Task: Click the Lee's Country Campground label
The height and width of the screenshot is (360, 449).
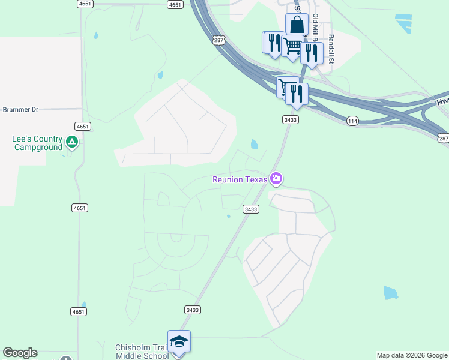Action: [x=37, y=143]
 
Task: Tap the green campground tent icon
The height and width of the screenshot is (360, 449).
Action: [x=72, y=142]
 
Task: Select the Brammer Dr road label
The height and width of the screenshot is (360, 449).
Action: [x=20, y=110]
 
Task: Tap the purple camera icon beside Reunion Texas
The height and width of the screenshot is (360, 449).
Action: [x=276, y=178]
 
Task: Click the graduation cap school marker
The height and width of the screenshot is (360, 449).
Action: [x=179, y=342]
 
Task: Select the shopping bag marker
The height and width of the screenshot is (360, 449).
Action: [x=297, y=25]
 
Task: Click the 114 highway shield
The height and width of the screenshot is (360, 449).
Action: [x=352, y=121]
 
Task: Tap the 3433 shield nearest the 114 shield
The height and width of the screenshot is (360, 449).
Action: [x=291, y=120]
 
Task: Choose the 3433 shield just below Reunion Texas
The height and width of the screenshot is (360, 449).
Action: [x=251, y=209]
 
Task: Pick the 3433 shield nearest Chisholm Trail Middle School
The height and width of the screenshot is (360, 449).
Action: [x=193, y=310]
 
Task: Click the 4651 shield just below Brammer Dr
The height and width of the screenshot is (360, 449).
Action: [x=83, y=126]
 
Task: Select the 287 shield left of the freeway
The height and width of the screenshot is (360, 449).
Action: [x=218, y=40]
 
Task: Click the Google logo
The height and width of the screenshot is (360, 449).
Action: [x=20, y=353]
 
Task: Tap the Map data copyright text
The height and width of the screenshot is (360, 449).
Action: [x=412, y=355]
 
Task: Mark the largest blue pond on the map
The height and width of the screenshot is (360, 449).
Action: [x=390, y=293]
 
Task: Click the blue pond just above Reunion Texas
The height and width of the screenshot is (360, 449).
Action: [x=254, y=144]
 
